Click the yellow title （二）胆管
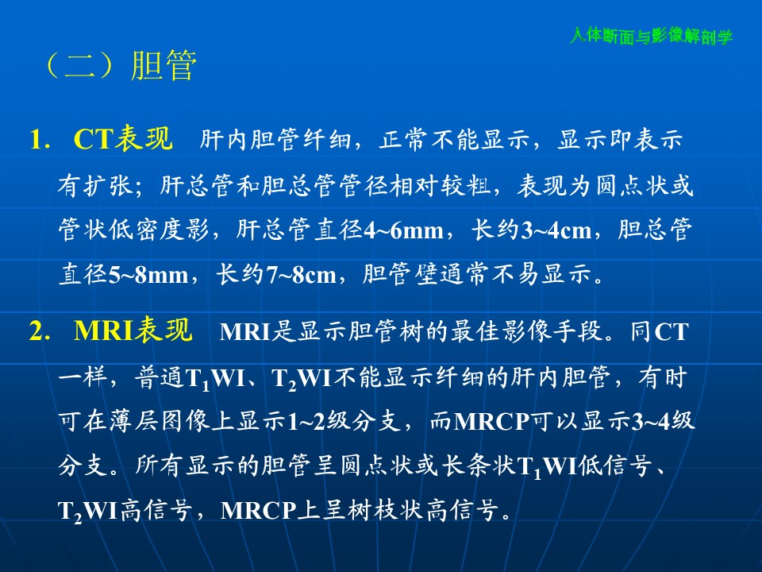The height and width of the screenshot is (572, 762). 120,66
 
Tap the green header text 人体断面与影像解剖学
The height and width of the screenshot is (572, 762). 651,36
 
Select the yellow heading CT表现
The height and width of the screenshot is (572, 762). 123,138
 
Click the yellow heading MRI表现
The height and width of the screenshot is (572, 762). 133,330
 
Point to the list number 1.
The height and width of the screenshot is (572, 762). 40,140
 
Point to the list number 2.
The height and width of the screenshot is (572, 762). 40,330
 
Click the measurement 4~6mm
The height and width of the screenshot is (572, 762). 403,230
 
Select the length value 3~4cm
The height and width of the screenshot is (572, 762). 556,230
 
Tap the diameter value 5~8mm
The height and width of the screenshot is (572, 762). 148,275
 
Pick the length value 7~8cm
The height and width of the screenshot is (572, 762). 302,275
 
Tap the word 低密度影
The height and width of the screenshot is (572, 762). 159,230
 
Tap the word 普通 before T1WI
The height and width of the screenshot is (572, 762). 160,377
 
